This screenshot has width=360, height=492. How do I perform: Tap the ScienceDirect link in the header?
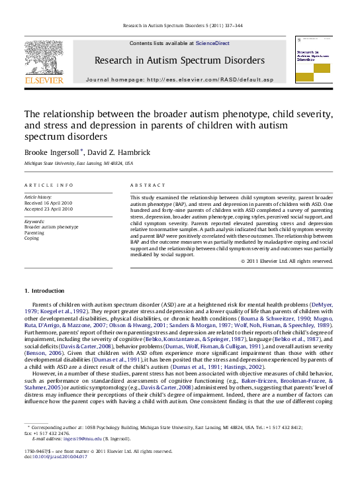tap(213, 43)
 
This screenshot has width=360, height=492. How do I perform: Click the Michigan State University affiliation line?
tap(79, 163)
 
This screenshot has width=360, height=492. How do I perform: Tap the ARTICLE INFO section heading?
tap(49, 185)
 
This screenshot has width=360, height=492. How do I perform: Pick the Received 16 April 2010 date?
tap(48, 203)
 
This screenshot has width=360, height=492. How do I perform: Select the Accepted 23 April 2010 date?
tap(48, 209)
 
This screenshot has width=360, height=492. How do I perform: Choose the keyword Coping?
tap(32, 238)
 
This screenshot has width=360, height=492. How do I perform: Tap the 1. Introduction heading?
tap(44, 291)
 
